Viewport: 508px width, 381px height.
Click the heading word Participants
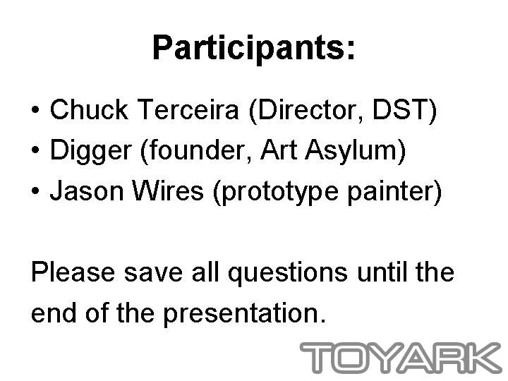tap(253, 48)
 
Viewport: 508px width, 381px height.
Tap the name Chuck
tap(89, 109)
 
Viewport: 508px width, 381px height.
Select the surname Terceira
tap(188, 109)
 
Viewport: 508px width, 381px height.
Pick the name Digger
tap(91, 151)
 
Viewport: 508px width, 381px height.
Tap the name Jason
tap(87, 190)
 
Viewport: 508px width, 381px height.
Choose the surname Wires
tap(168, 190)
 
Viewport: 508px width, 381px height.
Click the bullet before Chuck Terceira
tap(35, 110)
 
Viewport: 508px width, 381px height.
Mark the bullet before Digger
tap(35, 150)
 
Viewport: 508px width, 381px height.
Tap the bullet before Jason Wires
tap(35, 190)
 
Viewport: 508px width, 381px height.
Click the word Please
tap(73, 272)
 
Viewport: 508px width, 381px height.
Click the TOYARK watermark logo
tap(401, 357)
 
